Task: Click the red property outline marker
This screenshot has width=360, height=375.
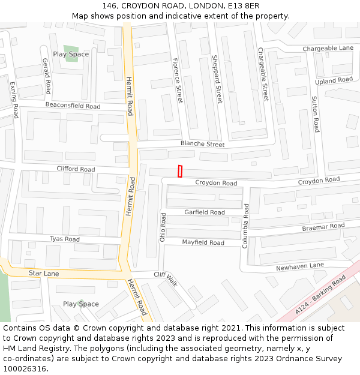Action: click(180, 171)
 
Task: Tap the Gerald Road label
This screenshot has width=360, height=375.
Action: click(47, 76)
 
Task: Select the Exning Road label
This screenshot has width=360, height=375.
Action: click(14, 100)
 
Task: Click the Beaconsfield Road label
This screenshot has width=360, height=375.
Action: click(73, 106)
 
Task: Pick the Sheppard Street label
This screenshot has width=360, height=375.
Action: click(217, 79)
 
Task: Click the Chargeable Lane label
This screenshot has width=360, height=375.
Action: click(328, 48)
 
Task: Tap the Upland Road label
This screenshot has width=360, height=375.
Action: click(334, 80)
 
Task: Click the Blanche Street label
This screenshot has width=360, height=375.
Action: click(203, 145)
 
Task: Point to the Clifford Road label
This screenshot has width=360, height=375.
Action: click(76, 169)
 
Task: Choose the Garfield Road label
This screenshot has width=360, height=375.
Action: click(205, 212)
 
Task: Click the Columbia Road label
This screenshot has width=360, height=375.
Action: click(245, 226)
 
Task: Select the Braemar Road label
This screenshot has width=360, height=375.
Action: click(323, 227)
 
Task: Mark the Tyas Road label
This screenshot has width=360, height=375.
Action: click(65, 239)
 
